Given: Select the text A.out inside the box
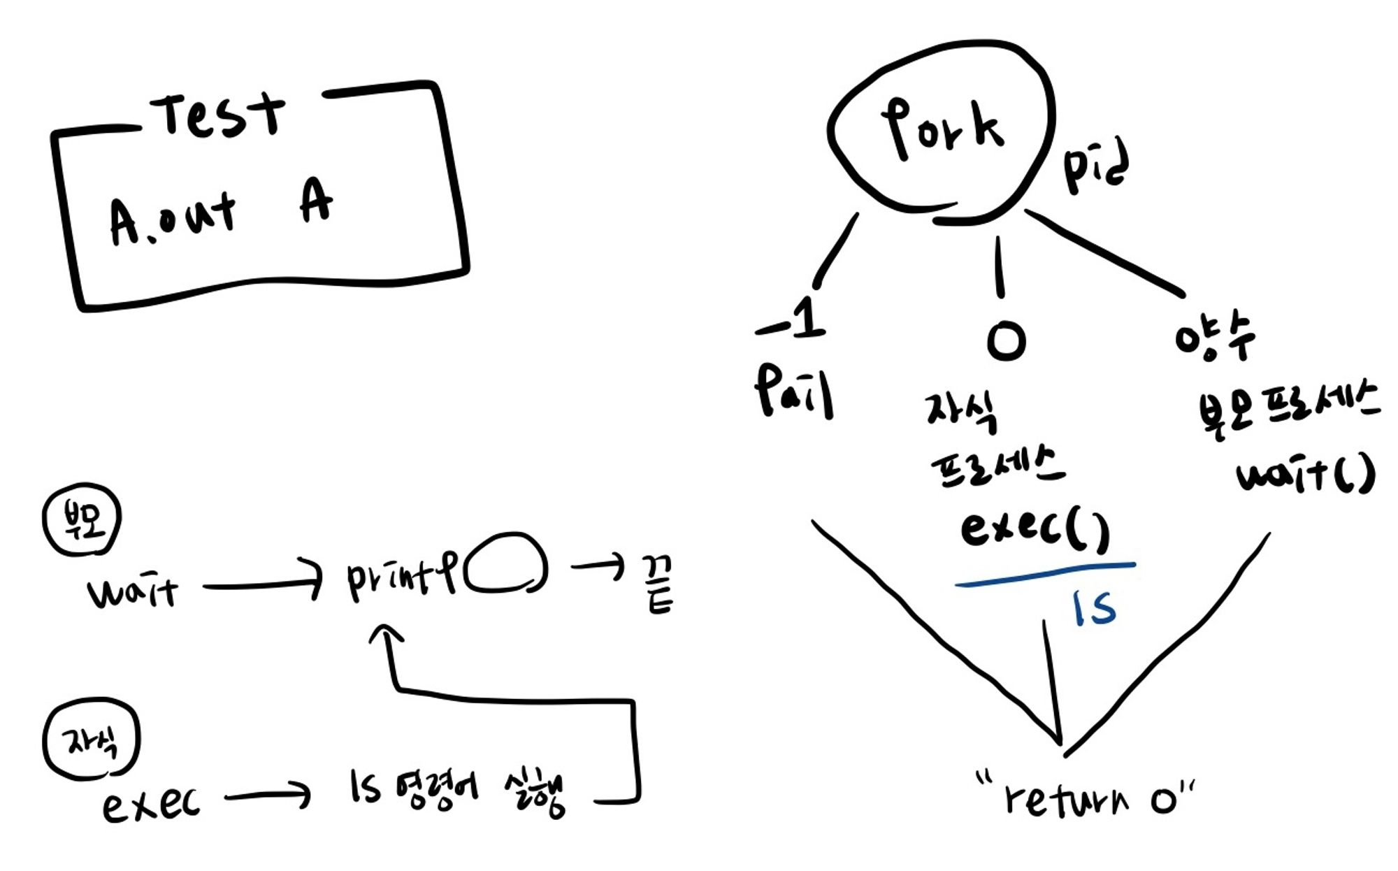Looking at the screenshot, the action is coord(171,217).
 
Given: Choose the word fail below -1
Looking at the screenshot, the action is coord(793,390).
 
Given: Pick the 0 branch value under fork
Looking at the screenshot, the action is coord(1006,340).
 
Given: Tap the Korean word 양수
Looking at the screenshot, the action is coord(1214,336).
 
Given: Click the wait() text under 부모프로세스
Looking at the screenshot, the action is coord(1304,475).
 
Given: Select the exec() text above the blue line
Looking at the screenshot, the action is coord(1035,529).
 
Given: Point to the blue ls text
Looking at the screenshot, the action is coord(1094,607).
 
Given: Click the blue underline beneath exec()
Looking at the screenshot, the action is coord(1045,575).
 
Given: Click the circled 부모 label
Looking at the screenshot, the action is coord(82,519).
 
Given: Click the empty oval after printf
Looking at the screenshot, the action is coord(505,564).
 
